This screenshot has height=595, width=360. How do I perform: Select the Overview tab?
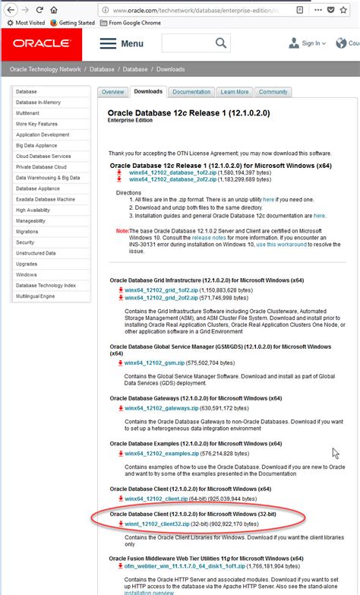[x=112, y=92]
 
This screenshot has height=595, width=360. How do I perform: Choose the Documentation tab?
[x=191, y=92]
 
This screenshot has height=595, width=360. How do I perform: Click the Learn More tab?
[x=235, y=92]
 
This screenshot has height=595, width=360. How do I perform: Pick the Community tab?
[x=273, y=92]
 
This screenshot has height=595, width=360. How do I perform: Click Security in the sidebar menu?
[x=26, y=242]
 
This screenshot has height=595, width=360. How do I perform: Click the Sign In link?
[x=311, y=43]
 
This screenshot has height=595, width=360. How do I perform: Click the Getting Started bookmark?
[x=75, y=23]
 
